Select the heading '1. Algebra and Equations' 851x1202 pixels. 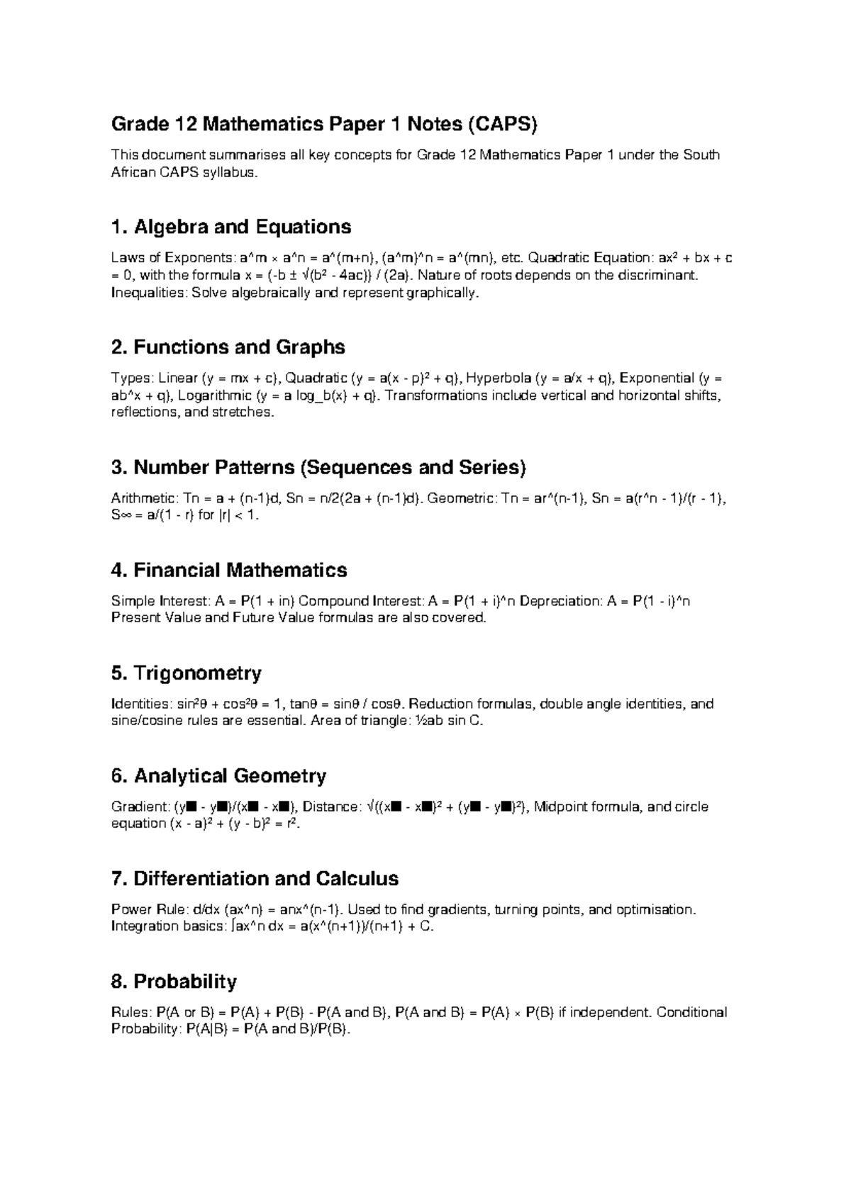[x=231, y=228]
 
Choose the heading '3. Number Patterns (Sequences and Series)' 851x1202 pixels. [x=319, y=468]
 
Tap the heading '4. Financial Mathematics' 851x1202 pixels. [x=229, y=571]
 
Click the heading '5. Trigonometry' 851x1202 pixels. [x=187, y=673]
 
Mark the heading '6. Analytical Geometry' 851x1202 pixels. [x=218, y=776]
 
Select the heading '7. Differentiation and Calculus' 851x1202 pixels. [x=255, y=880]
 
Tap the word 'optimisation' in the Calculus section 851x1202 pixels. [x=655, y=910]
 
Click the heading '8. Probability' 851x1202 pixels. [x=174, y=982]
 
